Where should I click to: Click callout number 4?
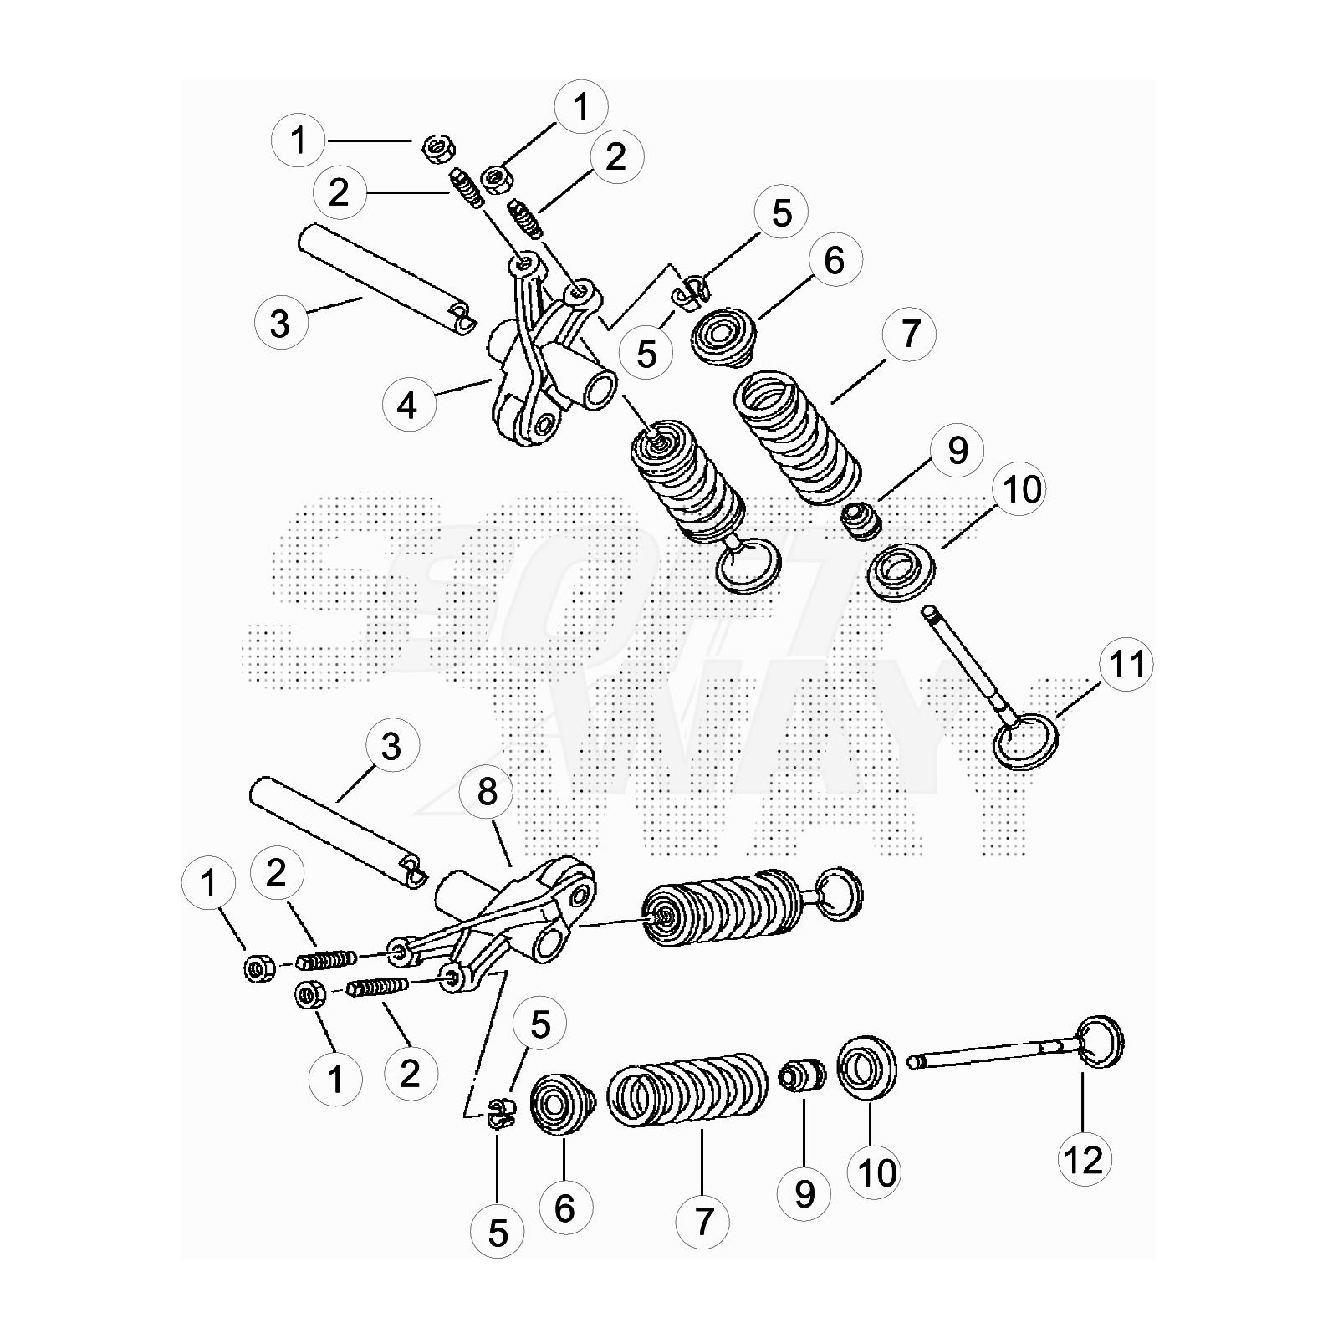coord(407,406)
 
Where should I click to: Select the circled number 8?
coord(487,792)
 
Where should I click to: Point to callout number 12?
coord(1085,1159)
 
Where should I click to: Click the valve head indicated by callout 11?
coord(1027,741)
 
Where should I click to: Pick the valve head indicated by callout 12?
coord(1099,1041)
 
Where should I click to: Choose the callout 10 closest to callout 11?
coord(1021,489)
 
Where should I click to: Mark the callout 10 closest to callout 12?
coord(876,1172)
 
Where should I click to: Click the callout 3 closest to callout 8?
coord(391,746)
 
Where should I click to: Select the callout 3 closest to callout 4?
coord(280,322)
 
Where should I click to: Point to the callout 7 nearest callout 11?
coord(910,333)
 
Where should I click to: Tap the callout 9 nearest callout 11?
coord(958,450)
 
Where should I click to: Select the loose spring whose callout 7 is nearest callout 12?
coord(686,1090)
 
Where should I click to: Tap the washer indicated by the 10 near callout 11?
coord(902,573)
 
